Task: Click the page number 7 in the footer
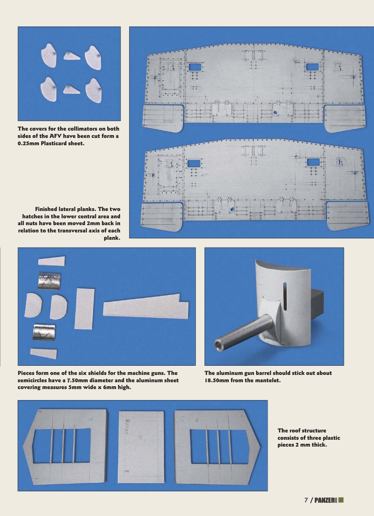coord(306,500)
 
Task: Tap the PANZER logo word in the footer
coord(325,500)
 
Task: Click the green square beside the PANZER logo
coord(341,500)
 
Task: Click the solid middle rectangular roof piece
coord(141,448)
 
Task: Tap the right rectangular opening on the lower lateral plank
coord(313,162)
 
